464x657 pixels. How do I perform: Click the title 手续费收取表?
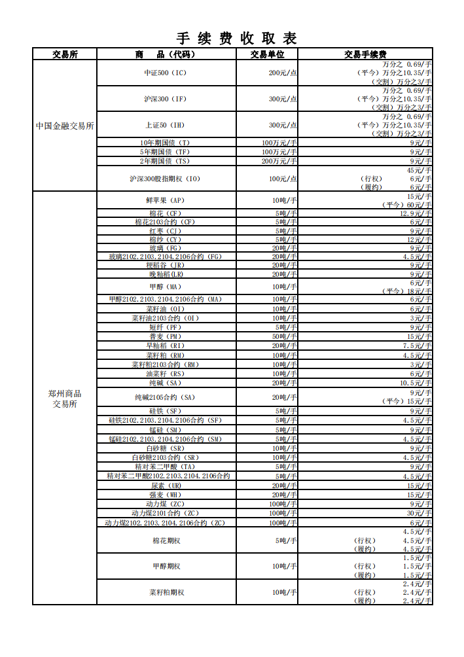(236, 38)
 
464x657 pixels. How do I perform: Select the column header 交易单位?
(267, 54)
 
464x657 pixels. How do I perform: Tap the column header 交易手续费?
(365, 54)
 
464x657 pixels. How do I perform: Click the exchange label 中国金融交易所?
(65, 126)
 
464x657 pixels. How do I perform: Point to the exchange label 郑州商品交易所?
(65, 399)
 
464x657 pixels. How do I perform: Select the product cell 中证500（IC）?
(166, 73)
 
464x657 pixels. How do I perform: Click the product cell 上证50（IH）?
(166, 125)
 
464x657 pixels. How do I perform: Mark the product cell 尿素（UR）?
(166, 486)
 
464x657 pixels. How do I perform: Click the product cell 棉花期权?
(166, 541)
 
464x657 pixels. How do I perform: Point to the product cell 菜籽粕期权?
(166, 592)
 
